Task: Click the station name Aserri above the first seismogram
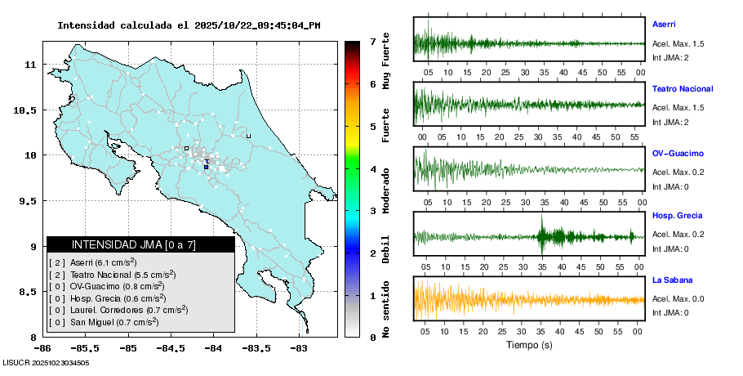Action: point(664,25)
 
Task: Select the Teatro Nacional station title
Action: point(683,88)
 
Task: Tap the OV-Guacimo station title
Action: point(678,153)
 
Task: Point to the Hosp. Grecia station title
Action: point(678,216)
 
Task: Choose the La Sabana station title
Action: point(672,280)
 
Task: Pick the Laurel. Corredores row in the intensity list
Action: point(118,310)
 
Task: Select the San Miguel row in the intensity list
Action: point(104,322)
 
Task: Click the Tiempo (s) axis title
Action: point(528,344)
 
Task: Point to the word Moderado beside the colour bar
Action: point(386,189)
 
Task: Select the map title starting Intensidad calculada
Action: point(189,25)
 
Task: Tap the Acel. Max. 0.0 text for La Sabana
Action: point(678,298)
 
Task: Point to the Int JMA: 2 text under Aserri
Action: point(670,57)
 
